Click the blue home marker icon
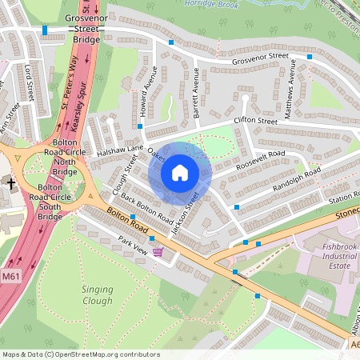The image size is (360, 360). [180, 173]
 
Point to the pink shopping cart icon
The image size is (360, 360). [158, 252]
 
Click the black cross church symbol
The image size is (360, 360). [10, 183]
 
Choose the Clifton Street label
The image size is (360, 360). [254, 122]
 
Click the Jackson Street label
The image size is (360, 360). [186, 217]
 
